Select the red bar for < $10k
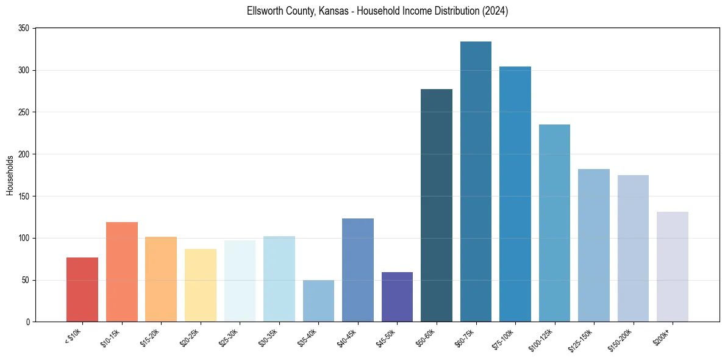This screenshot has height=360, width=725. (x=82, y=290)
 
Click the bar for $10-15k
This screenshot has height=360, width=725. (x=122, y=272)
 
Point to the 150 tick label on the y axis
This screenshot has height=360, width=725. (x=24, y=196)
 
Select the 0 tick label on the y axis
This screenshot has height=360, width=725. (x=28, y=322)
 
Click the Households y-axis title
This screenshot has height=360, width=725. (x=10, y=175)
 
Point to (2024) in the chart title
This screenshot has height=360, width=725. (x=495, y=12)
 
